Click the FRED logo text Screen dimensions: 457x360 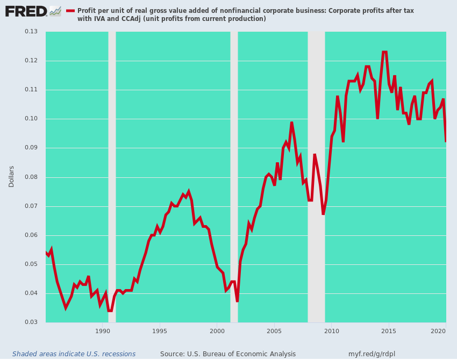26,12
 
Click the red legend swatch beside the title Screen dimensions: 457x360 70,11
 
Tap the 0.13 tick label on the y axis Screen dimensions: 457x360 31,32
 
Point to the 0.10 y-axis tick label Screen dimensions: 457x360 31,119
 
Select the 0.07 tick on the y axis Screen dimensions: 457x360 31,206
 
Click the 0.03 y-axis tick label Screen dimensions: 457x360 31,322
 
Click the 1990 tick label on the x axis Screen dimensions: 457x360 103,331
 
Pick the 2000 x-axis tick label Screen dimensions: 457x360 217,331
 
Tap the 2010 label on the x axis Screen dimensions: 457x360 332,331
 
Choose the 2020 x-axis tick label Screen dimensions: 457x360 438,331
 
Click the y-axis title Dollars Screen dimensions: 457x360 11,176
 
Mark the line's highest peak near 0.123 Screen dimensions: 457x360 385,52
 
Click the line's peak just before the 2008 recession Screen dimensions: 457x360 291,123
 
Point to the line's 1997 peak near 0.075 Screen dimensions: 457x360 189,191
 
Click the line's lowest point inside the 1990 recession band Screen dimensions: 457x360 110,311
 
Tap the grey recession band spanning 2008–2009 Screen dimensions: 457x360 316,177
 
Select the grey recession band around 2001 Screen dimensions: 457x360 234,177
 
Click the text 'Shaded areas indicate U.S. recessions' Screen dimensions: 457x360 74,354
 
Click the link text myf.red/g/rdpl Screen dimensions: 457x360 372,354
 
